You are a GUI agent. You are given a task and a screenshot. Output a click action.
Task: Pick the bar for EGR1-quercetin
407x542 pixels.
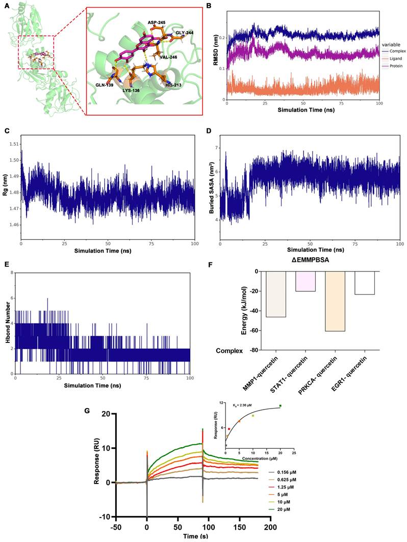pyautogui.click(x=364, y=283)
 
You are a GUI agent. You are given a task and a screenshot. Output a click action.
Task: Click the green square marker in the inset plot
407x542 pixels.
pyautogui.click(x=280, y=405)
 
